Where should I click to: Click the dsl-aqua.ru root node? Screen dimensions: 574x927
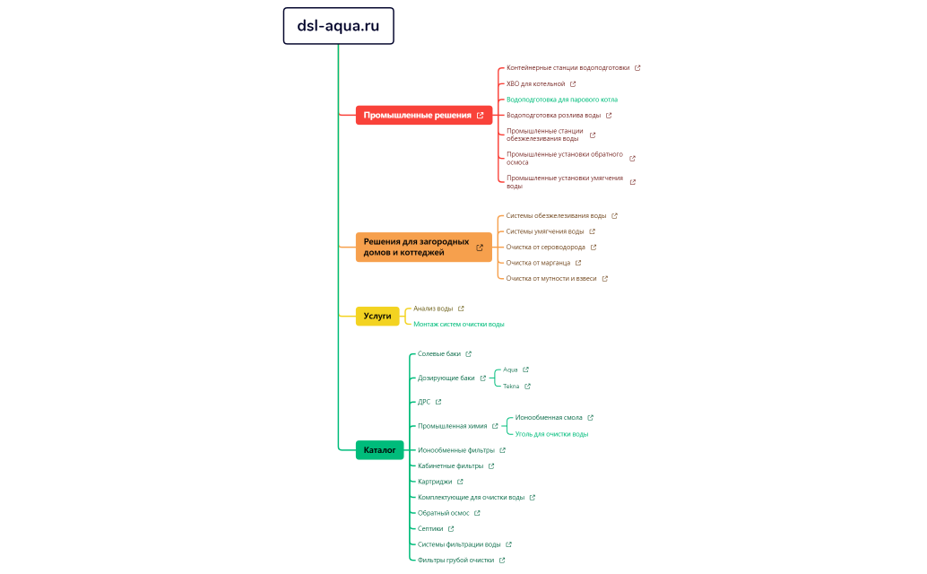[x=338, y=26]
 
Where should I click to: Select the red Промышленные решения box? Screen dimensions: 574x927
[x=417, y=115]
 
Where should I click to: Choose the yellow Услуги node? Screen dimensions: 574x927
[x=377, y=316]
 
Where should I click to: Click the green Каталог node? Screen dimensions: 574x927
[x=379, y=449]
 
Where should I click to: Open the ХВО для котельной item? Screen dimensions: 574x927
[x=535, y=83]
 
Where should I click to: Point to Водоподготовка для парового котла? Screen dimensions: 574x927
[x=561, y=100]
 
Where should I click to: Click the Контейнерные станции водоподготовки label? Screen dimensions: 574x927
[x=567, y=67]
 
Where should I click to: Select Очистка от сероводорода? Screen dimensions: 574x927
[x=545, y=247]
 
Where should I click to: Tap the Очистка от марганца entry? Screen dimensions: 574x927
[x=538, y=263]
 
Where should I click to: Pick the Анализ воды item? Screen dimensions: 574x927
[x=433, y=309]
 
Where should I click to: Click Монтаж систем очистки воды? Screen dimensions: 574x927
[x=458, y=324]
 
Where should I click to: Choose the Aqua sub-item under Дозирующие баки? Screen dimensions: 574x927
[x=510, y=370]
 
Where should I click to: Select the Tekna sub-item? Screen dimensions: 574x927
[x=511, y=386]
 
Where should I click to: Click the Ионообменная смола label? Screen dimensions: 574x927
[x=549, y=417]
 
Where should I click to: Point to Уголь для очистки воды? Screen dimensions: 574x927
[x=551, y=433]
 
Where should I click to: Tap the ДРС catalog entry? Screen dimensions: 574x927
[x=424, y=402]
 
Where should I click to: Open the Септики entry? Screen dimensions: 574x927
[x=430, y=528]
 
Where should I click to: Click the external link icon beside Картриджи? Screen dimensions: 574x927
[x=460, y=482]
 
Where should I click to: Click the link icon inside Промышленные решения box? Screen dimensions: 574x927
[x=481, y=115]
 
